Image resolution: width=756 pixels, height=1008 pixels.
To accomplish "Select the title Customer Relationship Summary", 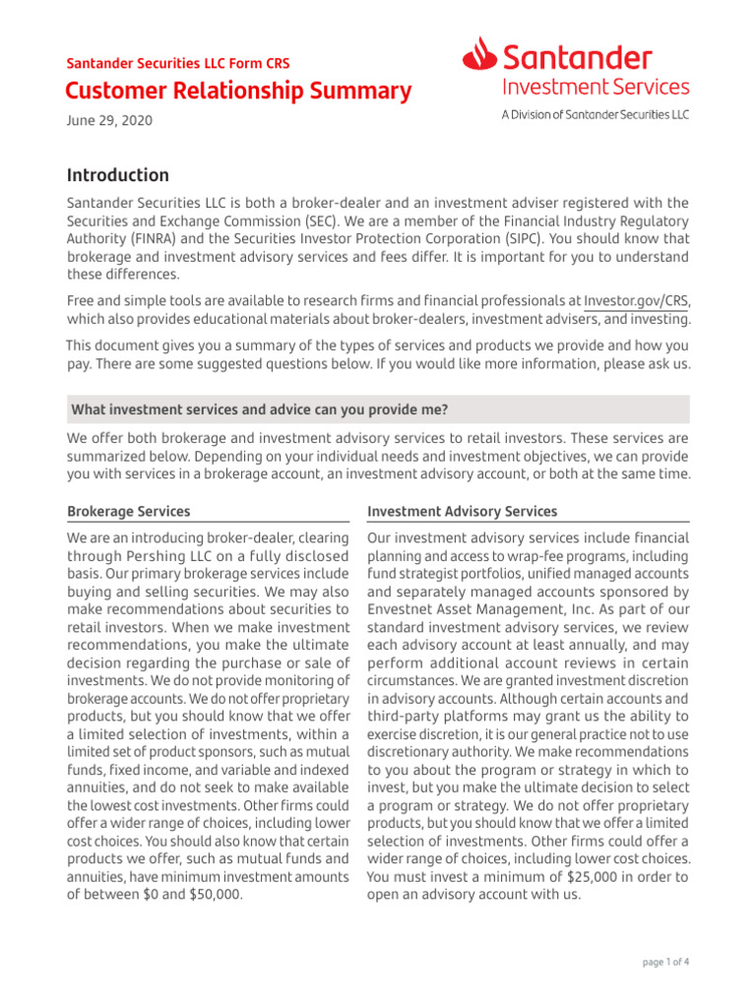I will point(238,92).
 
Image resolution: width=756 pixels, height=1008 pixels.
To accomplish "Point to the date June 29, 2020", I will point(109,120).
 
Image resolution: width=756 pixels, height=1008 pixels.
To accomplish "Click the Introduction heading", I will point(117,175).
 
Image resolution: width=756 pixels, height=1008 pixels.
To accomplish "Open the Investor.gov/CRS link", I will point(636,301).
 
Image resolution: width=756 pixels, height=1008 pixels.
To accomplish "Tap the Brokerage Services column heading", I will point(128,512).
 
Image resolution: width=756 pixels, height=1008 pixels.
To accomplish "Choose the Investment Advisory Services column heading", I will point(462,512).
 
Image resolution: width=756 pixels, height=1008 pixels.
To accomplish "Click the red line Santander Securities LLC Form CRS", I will point(177,63).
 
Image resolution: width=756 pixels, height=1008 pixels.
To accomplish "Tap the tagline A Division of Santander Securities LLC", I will point(595,115).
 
